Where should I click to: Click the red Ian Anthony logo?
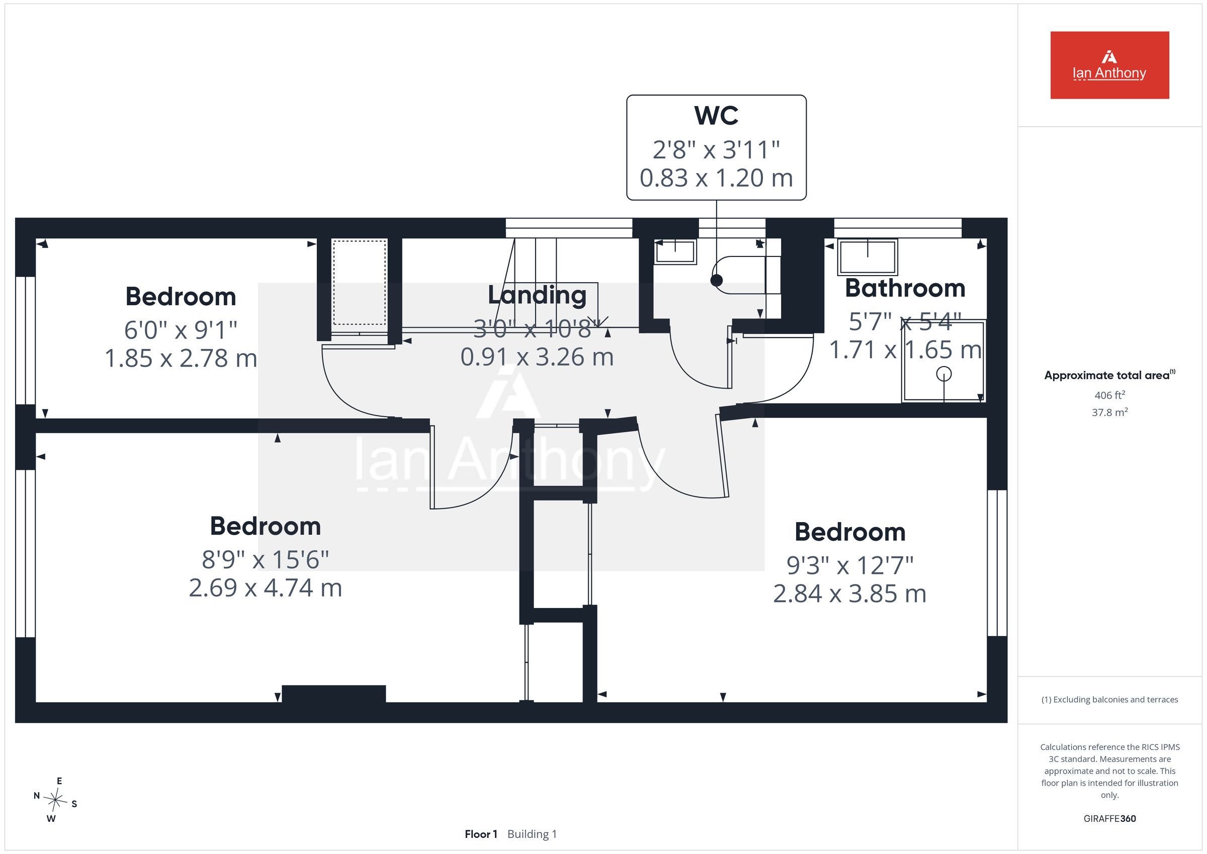(x=1109, y=65)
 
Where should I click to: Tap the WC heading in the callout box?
(x=716, y=116)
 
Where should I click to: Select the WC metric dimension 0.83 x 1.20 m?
(x=716, y=178)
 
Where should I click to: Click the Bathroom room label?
(x=905, y=288)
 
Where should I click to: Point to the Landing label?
(x=537, y=296)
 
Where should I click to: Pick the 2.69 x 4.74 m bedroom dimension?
(x=266, y=588)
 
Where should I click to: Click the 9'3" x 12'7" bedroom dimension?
(x=849, y=566)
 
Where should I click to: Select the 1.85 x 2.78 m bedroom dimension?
(x=181, y=359)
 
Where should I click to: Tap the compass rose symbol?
(x=55, y=800)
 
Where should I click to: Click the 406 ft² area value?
(x=1110, y=395)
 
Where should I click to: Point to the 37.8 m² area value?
(x=1110, y=412)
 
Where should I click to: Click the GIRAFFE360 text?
(x=1110, y=818)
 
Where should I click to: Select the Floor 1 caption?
(x=480, y=834)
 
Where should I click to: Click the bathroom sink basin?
(x=868, y=257)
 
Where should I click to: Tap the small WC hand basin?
(x=675, y=252)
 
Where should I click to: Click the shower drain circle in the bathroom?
(x=944, y=374)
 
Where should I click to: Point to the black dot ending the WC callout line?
(x=717, y=280)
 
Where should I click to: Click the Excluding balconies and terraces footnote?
(x=1110, y=700)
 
